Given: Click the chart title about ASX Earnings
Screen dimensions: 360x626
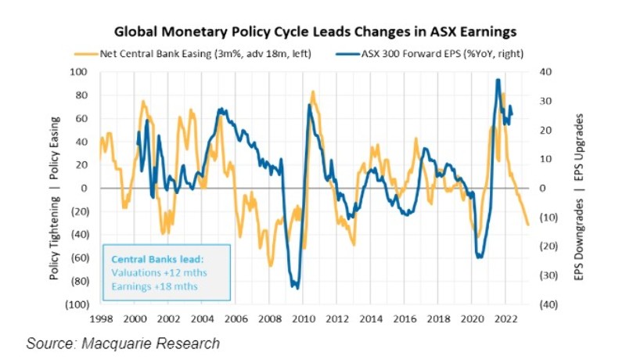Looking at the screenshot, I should pyautogui.click(x=315, y=33).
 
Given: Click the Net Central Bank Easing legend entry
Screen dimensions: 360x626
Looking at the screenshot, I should pyautogui.click(x=167, y=53).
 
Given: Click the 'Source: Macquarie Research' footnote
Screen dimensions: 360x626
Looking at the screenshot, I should pyautogui.click(x=123, y=344).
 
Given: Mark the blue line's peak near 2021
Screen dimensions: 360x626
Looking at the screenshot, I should pyautogui.click(x=498, y=80).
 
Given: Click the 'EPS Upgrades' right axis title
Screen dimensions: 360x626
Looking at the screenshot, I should pyautogui.click(x=580, y=153).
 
